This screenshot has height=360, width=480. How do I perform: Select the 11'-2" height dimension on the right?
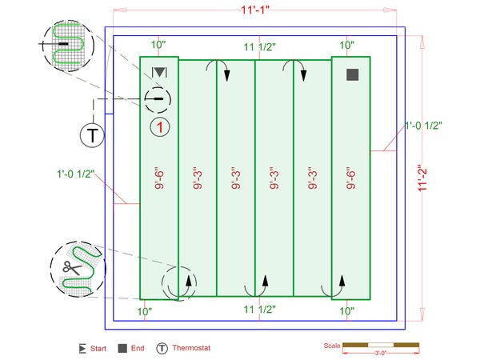coord(425,176)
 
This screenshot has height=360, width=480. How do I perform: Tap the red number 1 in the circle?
coord(160,126)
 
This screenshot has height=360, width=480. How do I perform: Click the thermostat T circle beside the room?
coord(94,134)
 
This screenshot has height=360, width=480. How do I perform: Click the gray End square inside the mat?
coord(352,75)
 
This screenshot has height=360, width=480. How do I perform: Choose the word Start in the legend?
coord(98,349)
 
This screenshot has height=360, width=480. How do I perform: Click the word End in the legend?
coord(137,349)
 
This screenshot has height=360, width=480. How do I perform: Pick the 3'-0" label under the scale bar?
coord(381,353)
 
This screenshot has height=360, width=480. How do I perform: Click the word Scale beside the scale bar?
coord(331,346)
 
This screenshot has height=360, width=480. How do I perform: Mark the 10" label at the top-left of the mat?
coord(158,46)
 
